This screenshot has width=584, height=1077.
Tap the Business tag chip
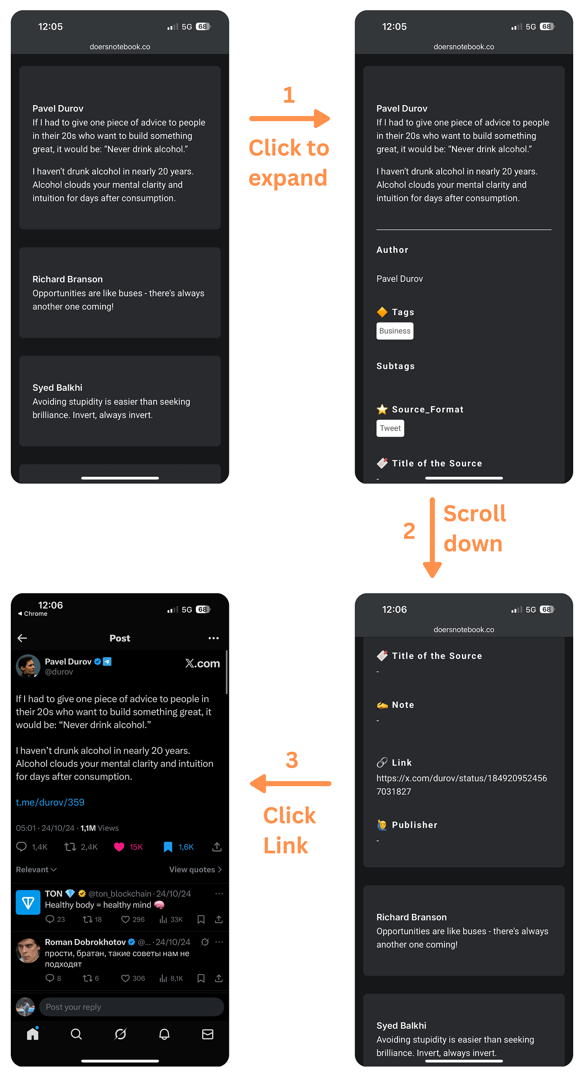click(394, 331)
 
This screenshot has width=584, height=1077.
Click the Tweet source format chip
click(390, 428)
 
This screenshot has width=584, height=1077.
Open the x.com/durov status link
click(461, 785)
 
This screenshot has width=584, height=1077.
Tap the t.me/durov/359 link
click(50, 802)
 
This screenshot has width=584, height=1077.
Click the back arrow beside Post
click(22, 638)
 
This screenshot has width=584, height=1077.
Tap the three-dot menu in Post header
click(213, 638)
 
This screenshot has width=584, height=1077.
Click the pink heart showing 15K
click(119, 847)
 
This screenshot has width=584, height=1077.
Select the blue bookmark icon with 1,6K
click(168, 847)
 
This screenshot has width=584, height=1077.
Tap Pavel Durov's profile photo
click(28, 666)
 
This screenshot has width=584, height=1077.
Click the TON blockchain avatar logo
click(28, 903)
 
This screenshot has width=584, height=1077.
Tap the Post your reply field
click(131, 1007)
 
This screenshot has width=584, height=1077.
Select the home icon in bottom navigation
click(32, 1034)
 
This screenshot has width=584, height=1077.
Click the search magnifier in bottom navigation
click(77, 1034)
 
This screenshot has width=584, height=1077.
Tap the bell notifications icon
click(164, 1034)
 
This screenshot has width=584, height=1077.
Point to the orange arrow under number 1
click(290, 119)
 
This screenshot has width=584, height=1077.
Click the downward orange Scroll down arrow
click(432, 537)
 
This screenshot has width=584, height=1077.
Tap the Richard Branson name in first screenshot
click(68, 279)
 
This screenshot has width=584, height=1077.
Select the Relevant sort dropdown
click(36, 869)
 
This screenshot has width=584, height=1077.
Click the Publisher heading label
click(414, 825)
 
